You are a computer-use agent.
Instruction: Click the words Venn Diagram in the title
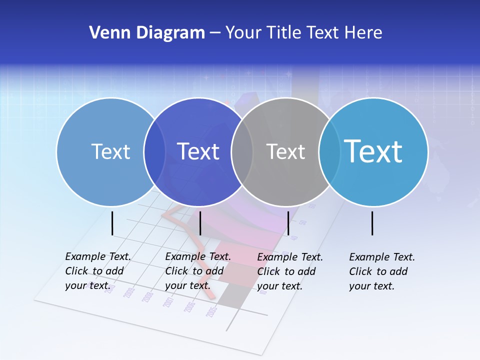(x=147, y=33)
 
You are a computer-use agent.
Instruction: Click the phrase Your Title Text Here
(x=303, y=33)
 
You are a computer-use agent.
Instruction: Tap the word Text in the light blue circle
(x=110, y=151)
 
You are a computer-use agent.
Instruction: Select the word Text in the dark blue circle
(x=198, y=151)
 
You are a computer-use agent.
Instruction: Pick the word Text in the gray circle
(x=285, y=151)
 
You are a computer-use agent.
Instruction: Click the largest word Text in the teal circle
(x=373, y=151)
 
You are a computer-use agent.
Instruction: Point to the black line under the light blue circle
(x=112, y=223)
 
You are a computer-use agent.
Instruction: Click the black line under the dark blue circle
(x=200, y=223)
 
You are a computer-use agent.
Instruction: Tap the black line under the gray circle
(x=288, y=223)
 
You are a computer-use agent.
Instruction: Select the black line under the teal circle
(x=372, y=223)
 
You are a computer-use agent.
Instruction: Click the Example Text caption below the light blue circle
(x=97, y=271)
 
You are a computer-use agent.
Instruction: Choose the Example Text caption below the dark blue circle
(x=197, y=271)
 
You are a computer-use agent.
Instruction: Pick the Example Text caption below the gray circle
(x=289, y=271)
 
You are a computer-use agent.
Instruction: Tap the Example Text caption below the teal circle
(x=381, y=271)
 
